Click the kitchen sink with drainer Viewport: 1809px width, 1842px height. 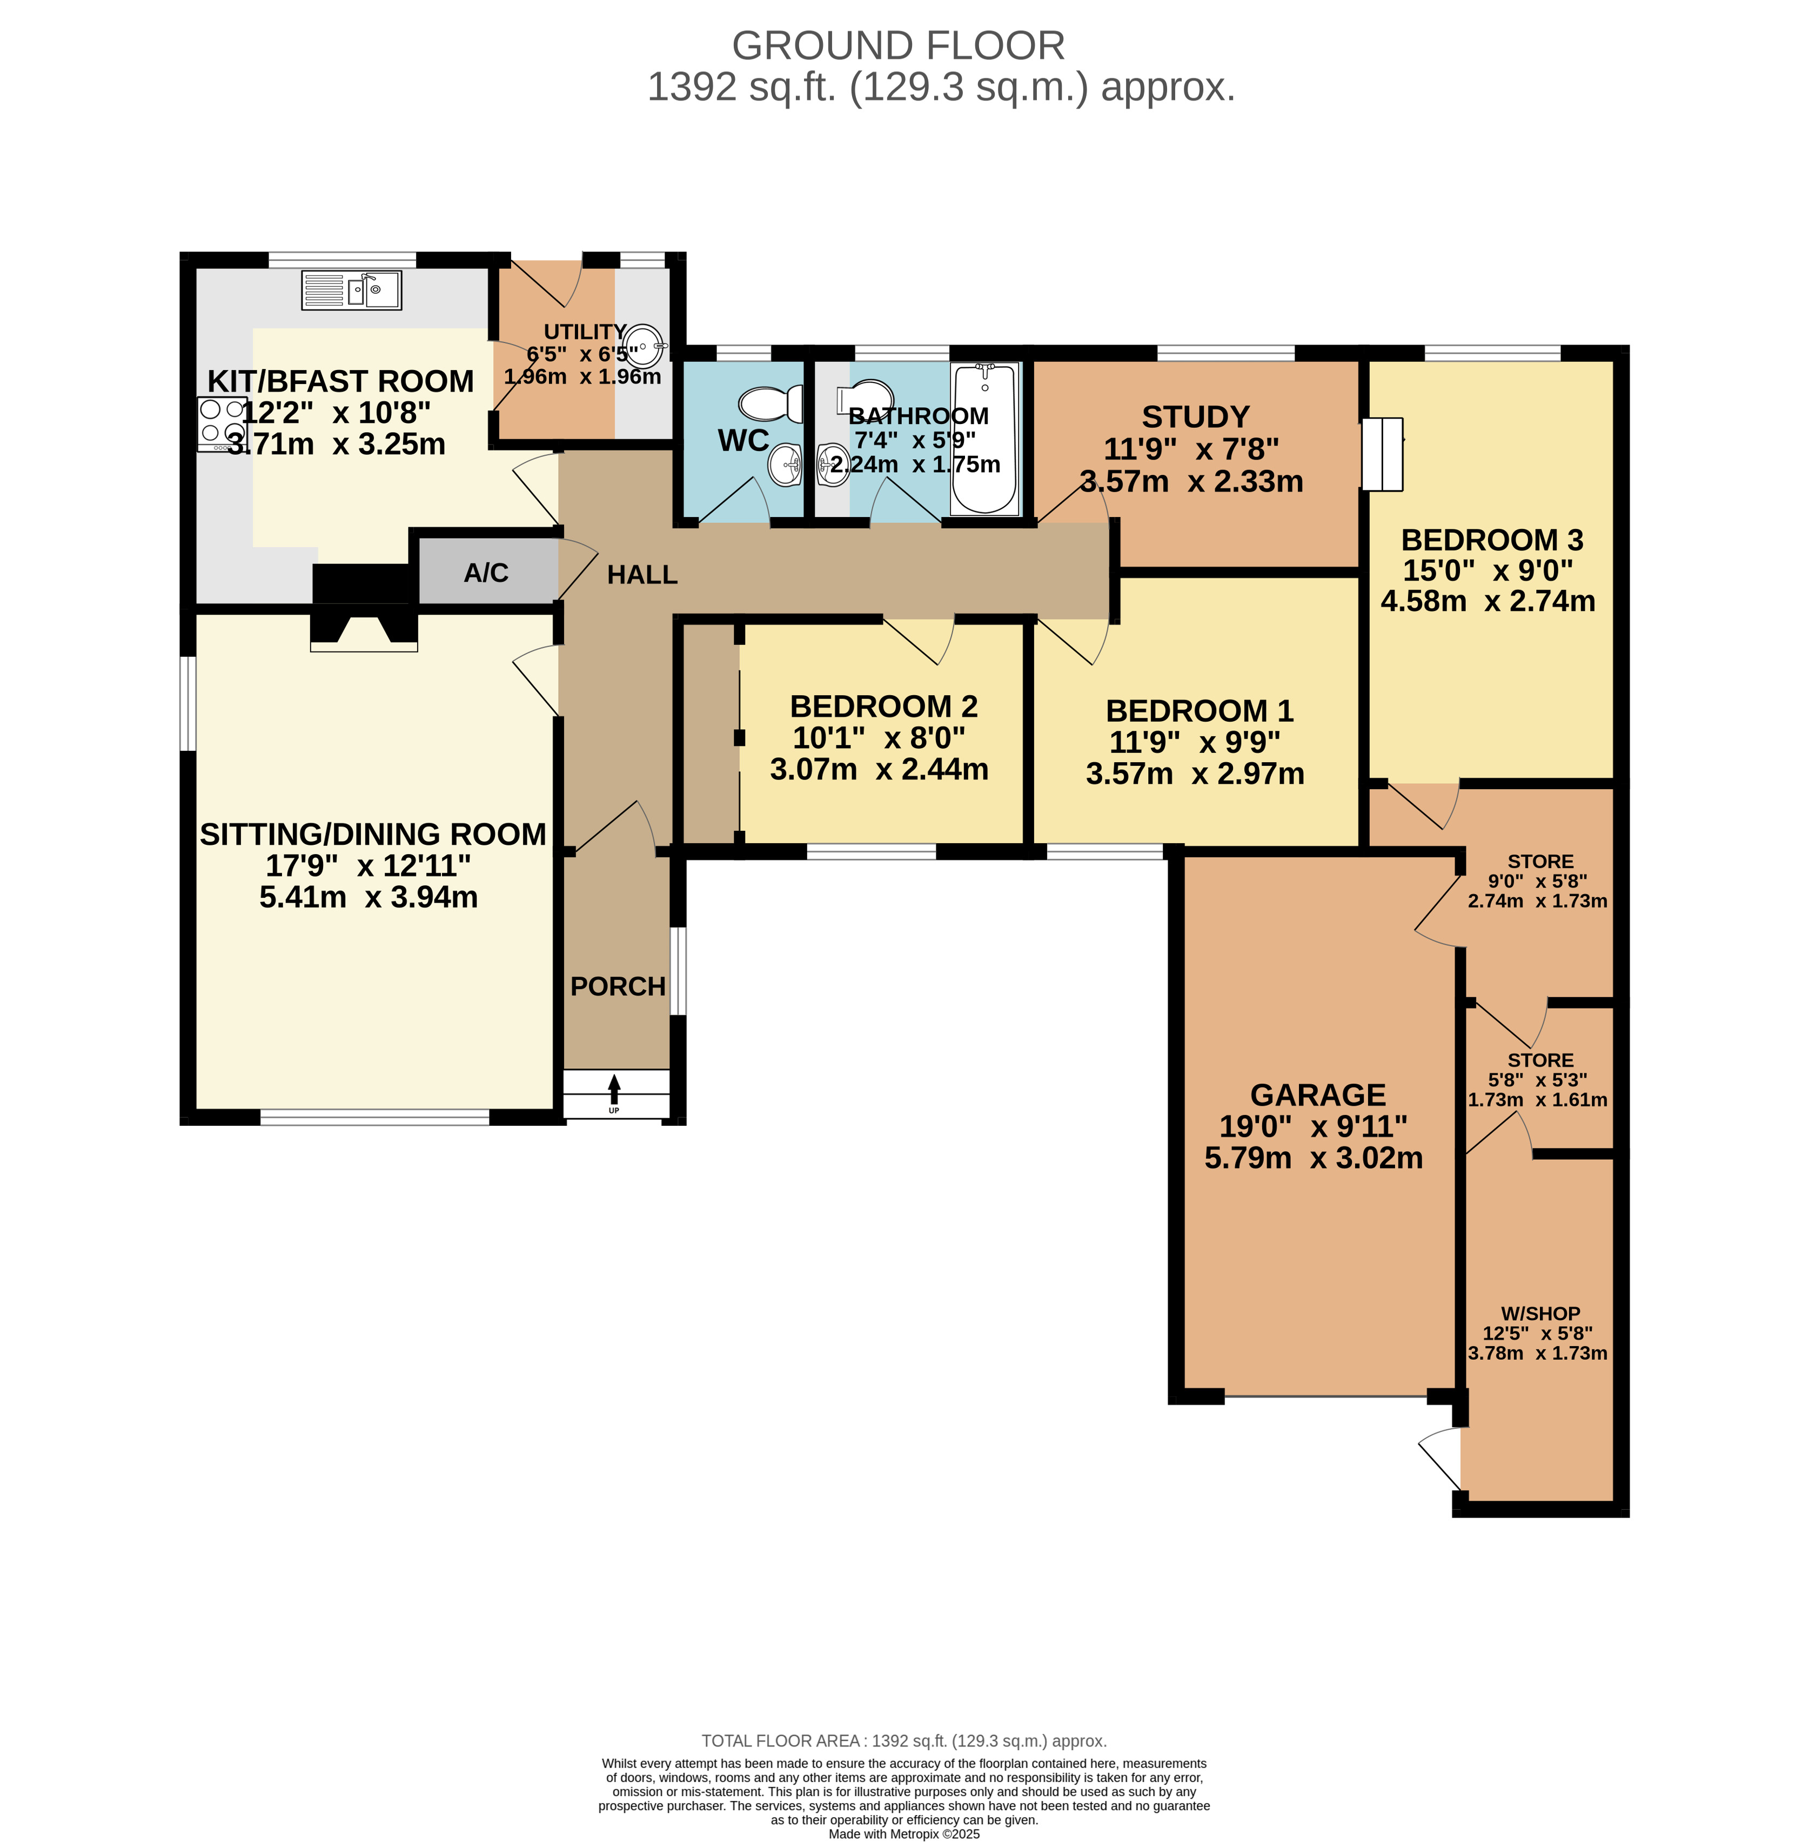pos(352,290)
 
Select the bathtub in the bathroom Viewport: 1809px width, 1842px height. pos(984,439)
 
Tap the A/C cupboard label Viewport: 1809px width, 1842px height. pos(486,573)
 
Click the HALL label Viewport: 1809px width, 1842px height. pos(642,575)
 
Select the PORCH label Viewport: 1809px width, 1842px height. pos(618,987)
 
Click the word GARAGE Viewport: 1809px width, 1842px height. pos(1318,1095)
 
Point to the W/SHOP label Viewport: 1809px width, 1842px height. pos(1540,1314)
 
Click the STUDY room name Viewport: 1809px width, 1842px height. pos(1195,417)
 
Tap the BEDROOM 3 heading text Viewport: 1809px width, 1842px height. pos(1492,540)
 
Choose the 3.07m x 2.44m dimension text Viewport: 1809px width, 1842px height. pos(879,769)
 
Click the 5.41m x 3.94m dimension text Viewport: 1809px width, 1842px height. pos(368,897)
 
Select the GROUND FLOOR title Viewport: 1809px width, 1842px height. pos(898,45)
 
